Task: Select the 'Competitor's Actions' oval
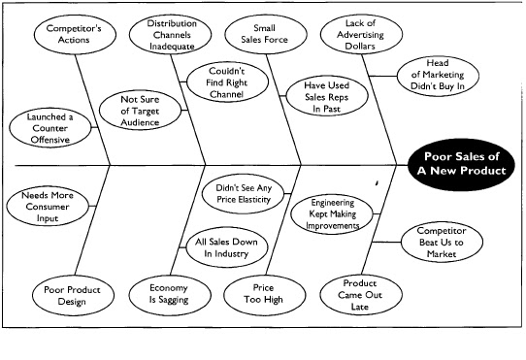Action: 68,37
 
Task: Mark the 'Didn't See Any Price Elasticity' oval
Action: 241,189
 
